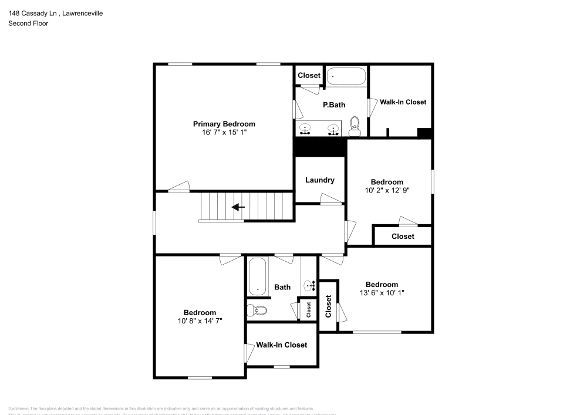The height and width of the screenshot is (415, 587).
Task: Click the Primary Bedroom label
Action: point(224,124)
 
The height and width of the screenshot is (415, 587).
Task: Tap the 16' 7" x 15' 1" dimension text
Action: point(224,133)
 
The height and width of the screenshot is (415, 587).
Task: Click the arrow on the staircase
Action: point(238,207)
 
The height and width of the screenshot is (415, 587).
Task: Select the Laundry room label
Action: point(320,180)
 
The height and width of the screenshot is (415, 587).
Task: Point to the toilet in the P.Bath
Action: point(355,124)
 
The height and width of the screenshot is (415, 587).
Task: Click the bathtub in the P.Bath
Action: point(346,76)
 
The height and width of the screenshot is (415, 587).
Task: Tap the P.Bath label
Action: point(334,105)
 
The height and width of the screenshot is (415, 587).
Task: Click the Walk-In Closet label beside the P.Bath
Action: point(403,102)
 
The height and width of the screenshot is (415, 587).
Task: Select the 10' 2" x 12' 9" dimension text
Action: point(387,190)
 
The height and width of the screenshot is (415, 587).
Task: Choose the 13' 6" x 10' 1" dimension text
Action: point(382,292)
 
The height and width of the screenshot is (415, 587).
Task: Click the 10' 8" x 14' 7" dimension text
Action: point(200,320)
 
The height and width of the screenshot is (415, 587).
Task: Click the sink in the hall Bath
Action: point(309,285)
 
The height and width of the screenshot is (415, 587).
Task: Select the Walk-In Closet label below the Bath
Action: point(281,345)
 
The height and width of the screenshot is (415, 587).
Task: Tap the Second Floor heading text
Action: point(28,23)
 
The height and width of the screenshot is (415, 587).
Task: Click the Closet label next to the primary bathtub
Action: point(309,75)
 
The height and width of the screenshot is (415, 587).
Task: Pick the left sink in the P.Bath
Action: point(306,129)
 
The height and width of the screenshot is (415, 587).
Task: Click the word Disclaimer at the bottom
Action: point(18,409)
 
